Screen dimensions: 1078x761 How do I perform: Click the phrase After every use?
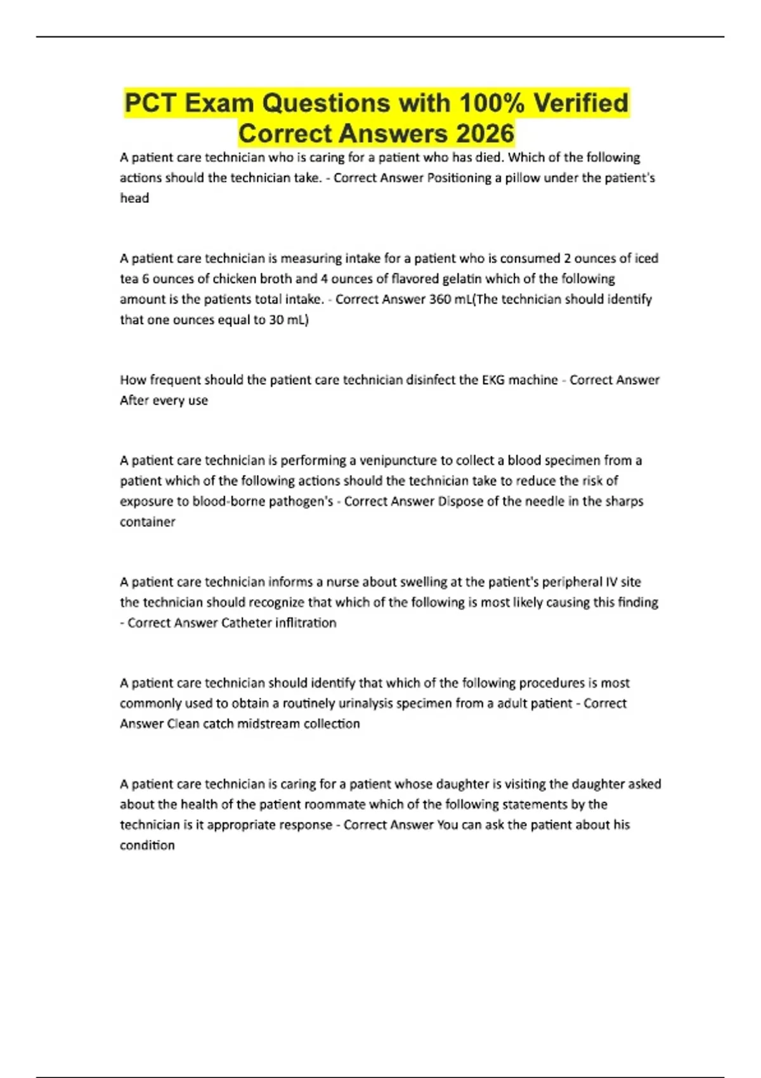(x=164, y=400)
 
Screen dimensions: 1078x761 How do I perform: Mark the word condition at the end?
(x=147, y=845)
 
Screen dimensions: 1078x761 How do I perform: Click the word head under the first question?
(x=134, y=198)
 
